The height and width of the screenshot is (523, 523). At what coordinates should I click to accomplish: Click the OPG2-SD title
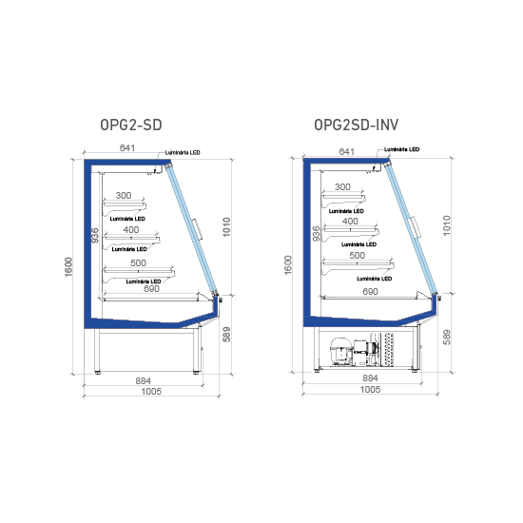coord(131,126)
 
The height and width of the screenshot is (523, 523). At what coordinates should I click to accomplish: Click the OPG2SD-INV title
coord(357,126)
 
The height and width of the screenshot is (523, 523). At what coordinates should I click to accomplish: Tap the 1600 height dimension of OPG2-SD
coord(68,267)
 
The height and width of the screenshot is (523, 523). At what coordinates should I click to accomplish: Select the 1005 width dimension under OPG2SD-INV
coord(370,389)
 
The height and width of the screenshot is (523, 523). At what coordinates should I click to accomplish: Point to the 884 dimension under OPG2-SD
coord(143,380)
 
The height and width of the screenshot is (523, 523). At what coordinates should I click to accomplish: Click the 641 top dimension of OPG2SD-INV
coord(346,152)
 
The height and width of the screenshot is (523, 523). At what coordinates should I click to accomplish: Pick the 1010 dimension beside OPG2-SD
coord(226,227)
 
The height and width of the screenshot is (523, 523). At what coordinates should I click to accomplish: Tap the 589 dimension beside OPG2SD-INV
coord(447,337)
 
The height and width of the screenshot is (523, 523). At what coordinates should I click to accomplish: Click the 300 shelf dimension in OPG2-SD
coord(124,196)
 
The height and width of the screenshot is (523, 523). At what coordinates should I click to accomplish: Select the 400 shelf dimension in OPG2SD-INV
coord(350,222)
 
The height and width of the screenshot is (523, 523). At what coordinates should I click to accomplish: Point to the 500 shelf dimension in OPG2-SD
coord(138,262)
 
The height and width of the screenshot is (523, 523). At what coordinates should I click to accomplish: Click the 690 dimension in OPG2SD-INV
coord(370,292)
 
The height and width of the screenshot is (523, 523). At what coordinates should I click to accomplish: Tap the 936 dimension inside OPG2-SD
coord(95,235)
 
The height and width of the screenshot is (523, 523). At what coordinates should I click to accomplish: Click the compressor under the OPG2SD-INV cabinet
coord(341,352)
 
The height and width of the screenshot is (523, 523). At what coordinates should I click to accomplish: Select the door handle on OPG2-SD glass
coord(198,229)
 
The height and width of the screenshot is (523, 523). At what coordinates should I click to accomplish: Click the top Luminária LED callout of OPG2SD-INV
coord(401,149)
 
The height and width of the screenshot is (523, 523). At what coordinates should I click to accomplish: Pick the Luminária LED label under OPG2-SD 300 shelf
coord(127,219)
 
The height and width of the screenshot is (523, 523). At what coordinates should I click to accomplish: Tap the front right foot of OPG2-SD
coord(197,372)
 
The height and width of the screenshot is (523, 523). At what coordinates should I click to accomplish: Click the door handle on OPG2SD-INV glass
coord(415,227)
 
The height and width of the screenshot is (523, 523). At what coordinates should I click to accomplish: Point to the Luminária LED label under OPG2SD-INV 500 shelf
coord(375,279)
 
